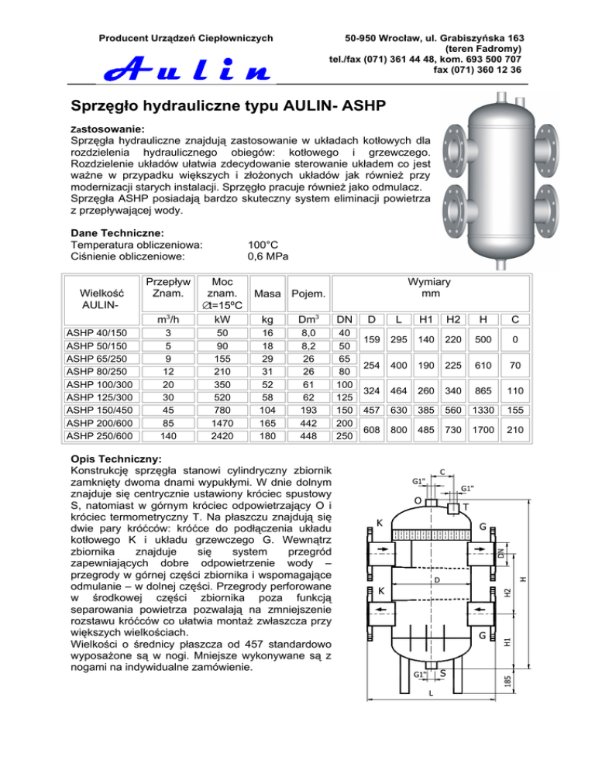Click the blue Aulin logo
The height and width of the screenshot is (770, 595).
tap(187, 68)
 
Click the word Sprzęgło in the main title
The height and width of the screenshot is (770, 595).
tap(104, 106)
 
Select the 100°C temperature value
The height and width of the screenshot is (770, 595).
tap(263, 245)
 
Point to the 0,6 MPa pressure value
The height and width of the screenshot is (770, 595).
tap(268, 256)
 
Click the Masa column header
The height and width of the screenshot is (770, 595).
tap(267, 294)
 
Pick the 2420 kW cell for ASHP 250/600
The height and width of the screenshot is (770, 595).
tap(222, 436)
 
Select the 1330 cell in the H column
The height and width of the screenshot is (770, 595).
tap(483, 410)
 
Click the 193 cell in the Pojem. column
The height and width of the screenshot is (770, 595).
tap(308, 410)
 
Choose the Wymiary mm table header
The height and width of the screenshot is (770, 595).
tap(429, 287)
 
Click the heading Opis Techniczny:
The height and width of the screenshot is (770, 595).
tap(116, 459)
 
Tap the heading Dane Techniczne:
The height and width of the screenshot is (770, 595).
tap(118, 233)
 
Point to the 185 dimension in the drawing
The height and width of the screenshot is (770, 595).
tap(507, 682)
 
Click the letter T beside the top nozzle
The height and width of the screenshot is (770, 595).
tap(466, 507)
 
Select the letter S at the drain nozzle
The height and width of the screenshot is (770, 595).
tap(442, 673)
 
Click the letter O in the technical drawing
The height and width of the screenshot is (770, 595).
tap(418, 500)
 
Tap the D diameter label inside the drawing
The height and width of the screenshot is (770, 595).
tap(437, 580)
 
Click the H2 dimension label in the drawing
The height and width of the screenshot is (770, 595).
tap(507, 593)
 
